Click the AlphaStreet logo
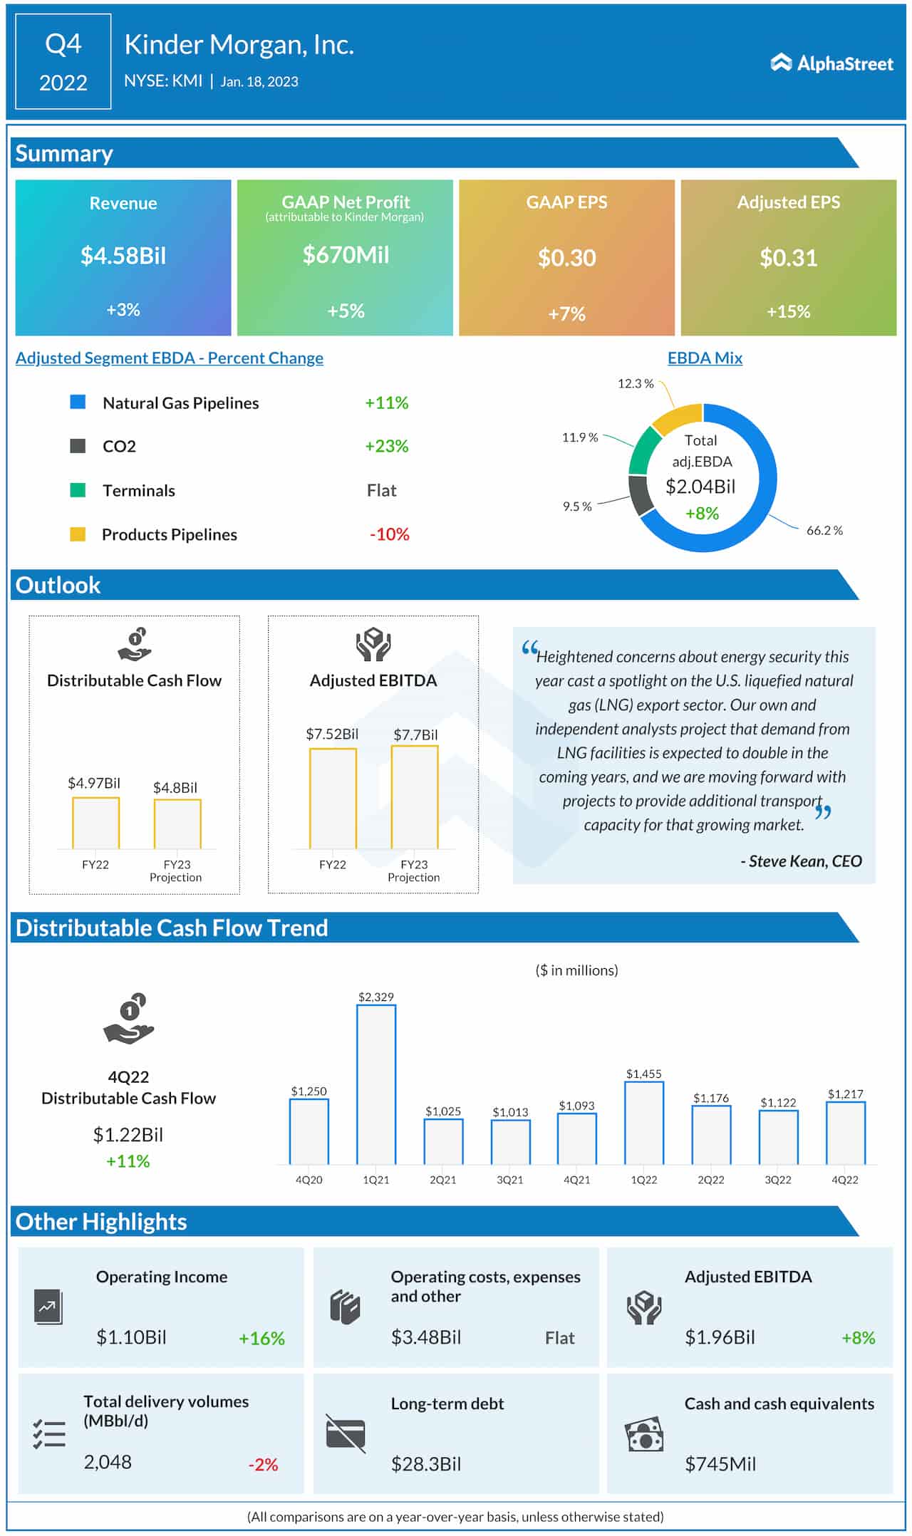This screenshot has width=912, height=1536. pos(831,63)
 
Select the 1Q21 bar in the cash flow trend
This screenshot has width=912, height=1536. pos(375,1084)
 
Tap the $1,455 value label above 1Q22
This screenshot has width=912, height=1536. pos(643,1073)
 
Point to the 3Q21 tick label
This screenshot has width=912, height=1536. pos(509,1180)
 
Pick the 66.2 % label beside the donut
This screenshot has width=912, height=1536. pos(824,530)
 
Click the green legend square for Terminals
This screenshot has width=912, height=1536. pos(78,490)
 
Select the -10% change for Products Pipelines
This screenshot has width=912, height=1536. pos(389,534)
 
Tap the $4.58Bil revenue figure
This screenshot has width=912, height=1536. pos(123,255)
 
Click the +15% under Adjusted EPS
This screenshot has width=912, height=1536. pos(788,311)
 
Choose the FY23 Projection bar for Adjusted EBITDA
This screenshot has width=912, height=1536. pos(414,797)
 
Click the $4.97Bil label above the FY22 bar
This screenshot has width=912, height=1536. pos(93,783)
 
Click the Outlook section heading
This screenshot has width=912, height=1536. pos(58,585)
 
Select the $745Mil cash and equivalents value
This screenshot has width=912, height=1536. pos(720,1464)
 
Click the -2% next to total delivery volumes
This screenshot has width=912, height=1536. pos(263,1465)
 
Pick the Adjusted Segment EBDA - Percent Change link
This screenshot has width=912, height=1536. pos(170,358)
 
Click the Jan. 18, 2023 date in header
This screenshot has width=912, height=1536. pos(259,81)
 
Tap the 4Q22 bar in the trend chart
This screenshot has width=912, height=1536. pos(845,1133)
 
